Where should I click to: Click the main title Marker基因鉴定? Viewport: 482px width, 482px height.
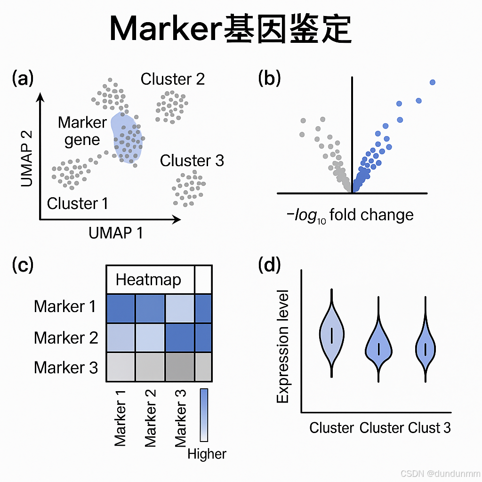point(230,30)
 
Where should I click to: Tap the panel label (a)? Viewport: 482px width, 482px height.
point(23,78)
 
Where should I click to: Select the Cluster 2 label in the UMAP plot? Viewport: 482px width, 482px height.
point(173,79)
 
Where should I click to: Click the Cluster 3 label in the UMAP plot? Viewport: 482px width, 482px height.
point(192,161)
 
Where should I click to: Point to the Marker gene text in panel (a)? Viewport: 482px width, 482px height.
point(82,131)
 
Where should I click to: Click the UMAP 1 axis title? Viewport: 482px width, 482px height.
point(116,233)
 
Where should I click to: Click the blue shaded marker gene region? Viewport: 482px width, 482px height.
point(126,139)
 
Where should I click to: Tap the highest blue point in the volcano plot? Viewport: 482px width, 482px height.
point(433,82)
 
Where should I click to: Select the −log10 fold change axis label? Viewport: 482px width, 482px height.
point(350,215)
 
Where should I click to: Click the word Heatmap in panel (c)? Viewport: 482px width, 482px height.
point(148,280)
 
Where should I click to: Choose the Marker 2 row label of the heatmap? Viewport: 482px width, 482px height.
point(66,337)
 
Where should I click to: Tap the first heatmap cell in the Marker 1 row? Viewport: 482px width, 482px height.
point(121,309)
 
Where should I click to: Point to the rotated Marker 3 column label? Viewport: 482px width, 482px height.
point(181,418)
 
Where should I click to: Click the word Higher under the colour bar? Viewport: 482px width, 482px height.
point(207,454)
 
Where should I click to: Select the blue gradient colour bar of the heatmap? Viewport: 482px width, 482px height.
point(204,415)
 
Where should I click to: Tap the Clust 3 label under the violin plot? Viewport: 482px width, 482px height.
point(429,427)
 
